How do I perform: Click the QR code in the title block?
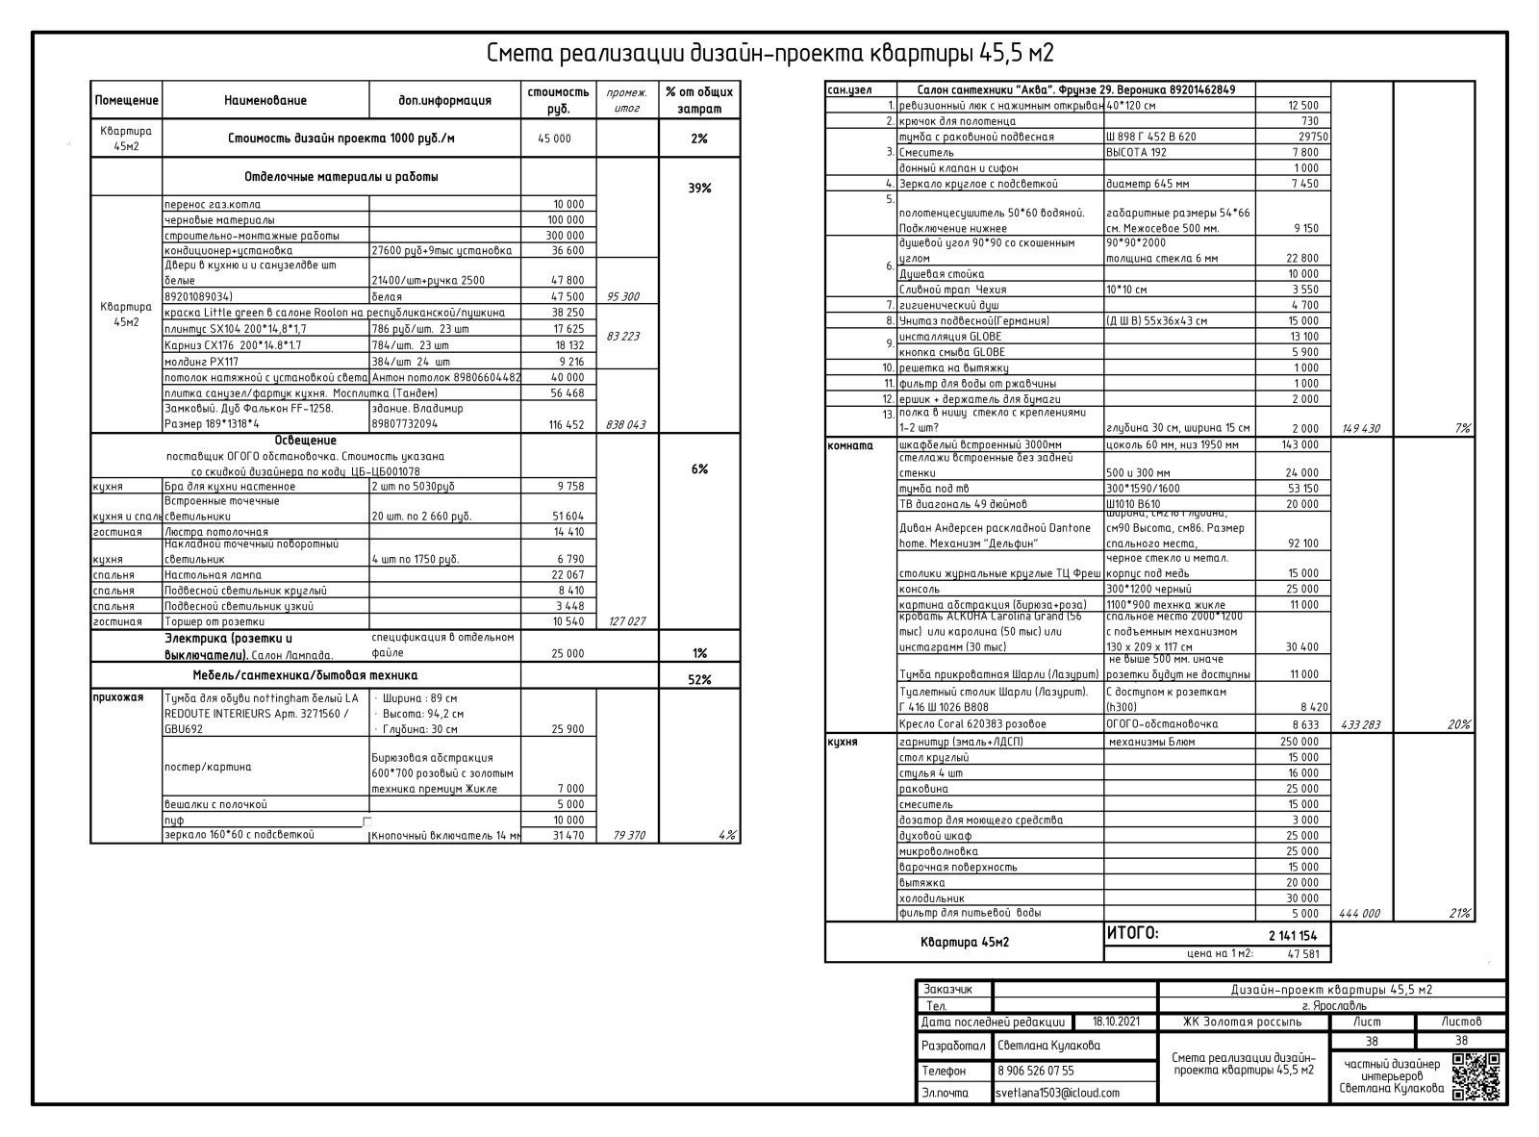(1476, 1076)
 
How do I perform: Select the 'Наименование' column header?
(265, 100)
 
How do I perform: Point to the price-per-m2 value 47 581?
(1302, 954)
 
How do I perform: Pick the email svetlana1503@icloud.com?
(1057, 1093)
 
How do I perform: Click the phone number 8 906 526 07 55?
(1035, 1071)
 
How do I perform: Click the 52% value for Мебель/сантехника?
(699, 680)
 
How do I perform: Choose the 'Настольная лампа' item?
(213, 575)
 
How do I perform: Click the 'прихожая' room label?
(118, 697)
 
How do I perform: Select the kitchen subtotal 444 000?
(1359, 914)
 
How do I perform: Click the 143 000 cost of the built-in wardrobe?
(1299, 445)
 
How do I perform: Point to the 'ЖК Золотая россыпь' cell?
(1242, 1022)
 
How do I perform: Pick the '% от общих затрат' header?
(699, 100)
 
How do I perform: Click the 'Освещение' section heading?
(305, 441)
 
